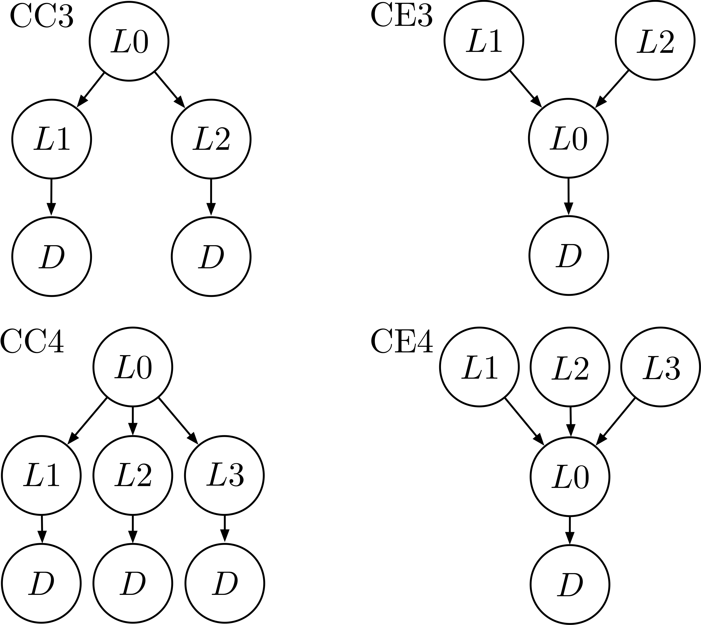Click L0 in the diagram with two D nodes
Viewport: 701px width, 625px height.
click(129, 41)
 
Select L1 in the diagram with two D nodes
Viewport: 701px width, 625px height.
click(51, 139)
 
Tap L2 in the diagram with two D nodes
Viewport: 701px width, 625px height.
click(211, 139)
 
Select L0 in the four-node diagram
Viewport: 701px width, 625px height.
click(568, 138)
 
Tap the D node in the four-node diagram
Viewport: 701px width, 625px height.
click(569, 255)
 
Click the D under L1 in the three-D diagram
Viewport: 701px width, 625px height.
click(41, 583)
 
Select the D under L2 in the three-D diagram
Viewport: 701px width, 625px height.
click(132, 583)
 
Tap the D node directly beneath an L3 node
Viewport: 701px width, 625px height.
click(224, 583)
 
